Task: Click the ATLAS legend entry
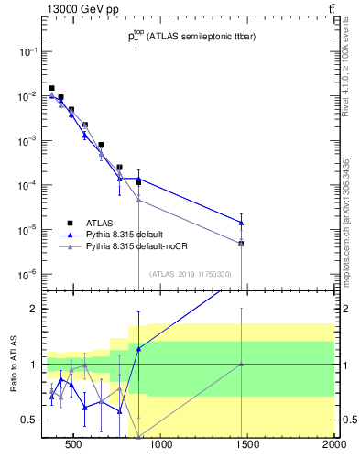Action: [x=100, y=223]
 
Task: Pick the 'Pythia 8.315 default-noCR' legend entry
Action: [x=136, y=246]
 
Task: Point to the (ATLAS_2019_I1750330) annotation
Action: [x=190, y=274]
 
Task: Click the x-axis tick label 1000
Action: [x=160, y=446]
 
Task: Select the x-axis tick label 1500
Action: [x=247, y=446]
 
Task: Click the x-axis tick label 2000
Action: [x=334, y=446]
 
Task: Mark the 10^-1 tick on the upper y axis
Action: [x=27, y=51]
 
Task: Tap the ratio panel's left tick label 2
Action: [x=35, y=309]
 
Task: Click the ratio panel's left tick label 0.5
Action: [x=30, y=420]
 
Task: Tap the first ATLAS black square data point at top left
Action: [x=51, y=88]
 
